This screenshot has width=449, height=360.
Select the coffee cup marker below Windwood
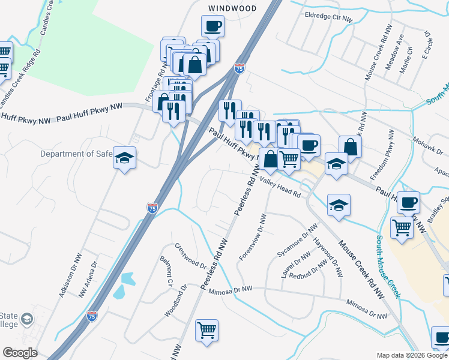[212, 27]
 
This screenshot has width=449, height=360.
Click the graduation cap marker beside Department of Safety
[125, 158]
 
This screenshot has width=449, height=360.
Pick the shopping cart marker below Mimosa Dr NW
[206, 331]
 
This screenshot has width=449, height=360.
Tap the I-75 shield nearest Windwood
[240, 69]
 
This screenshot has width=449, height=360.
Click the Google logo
[20, 353]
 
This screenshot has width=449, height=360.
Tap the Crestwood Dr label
[191, 256]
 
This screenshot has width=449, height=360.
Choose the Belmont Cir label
[166, 271]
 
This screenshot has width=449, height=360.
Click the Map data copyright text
[412, 355]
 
